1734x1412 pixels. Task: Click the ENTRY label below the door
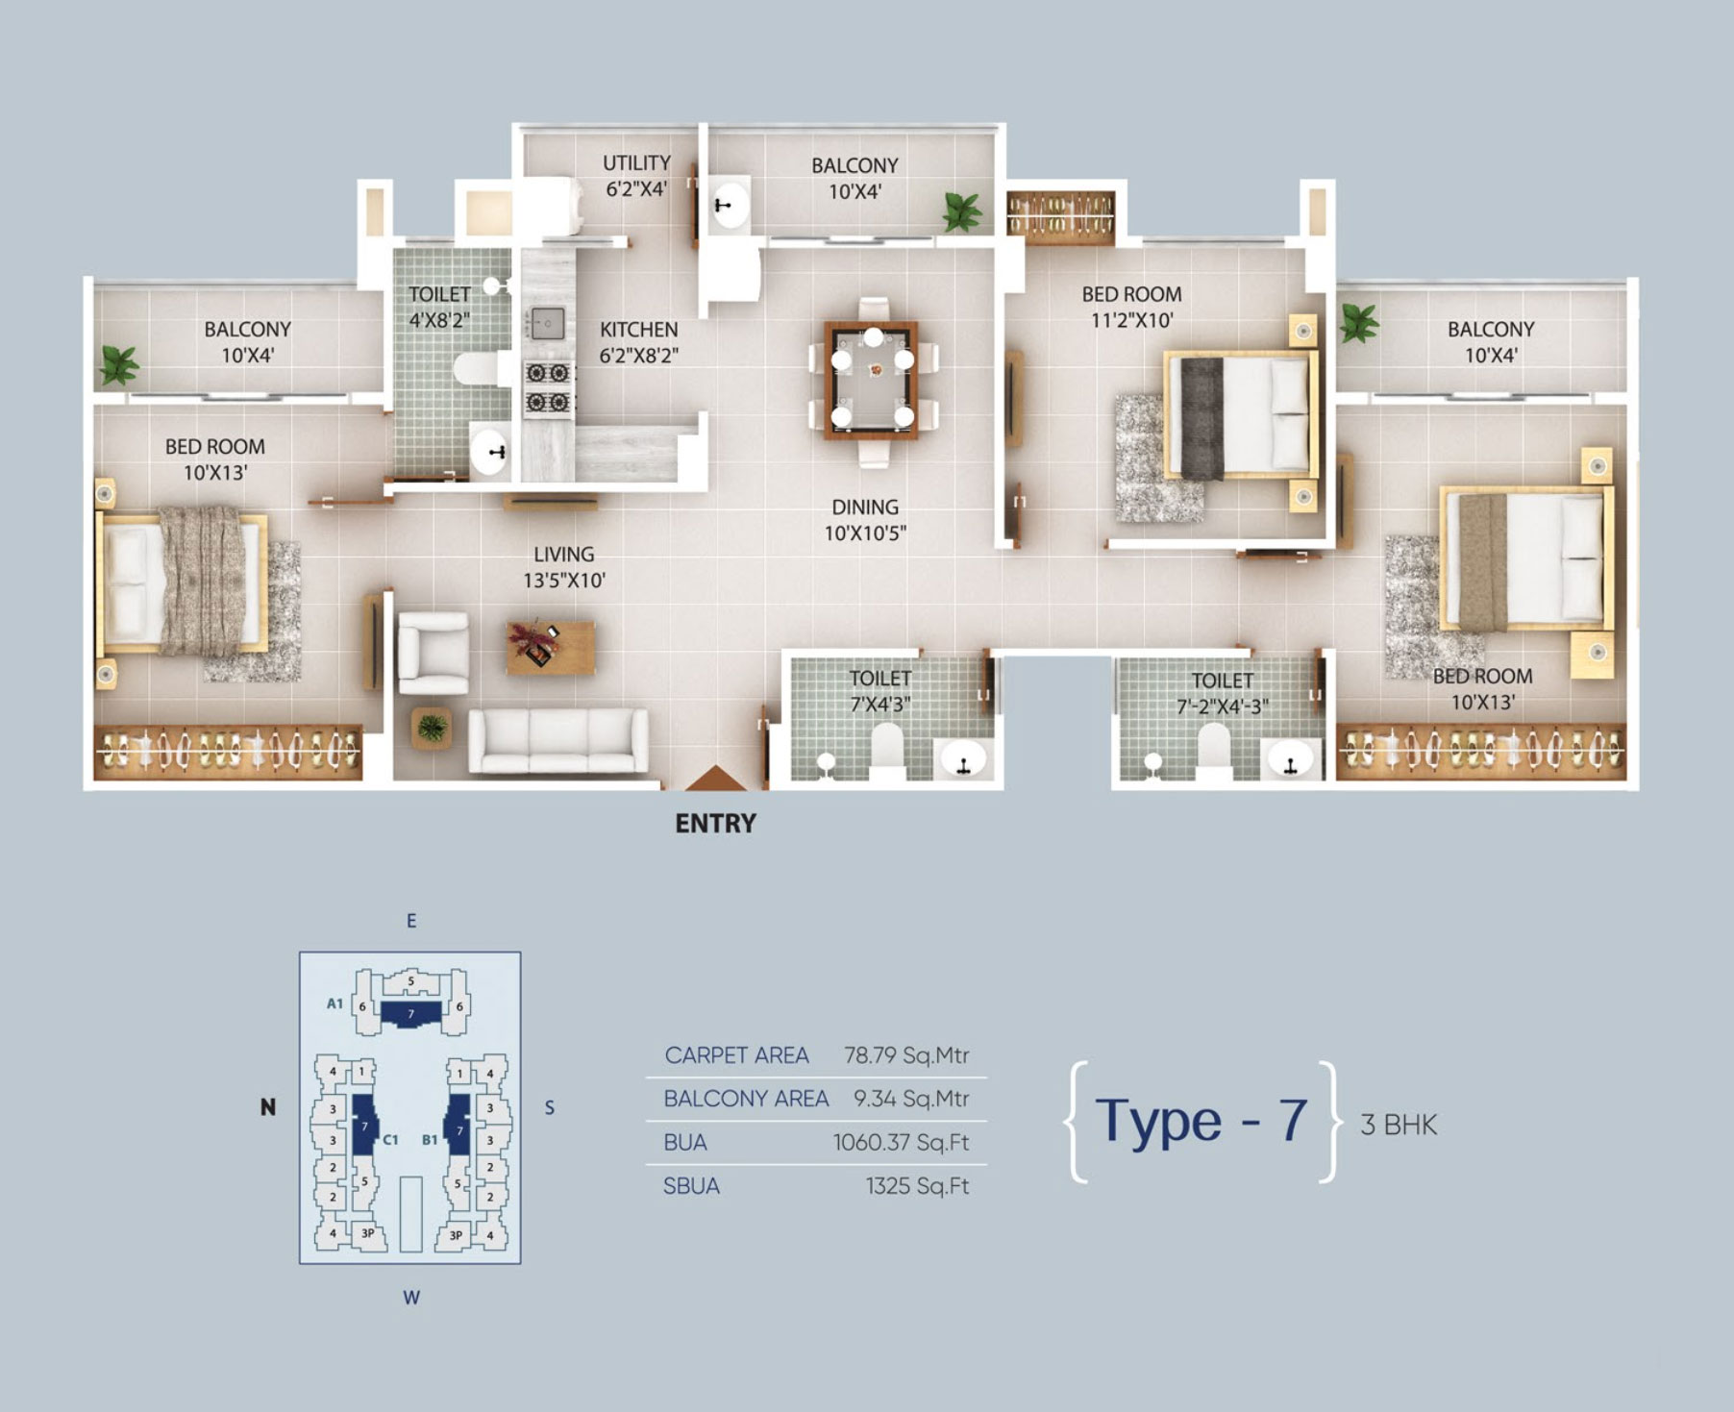click(715, 824)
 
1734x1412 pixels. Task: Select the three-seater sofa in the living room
click(558, 740)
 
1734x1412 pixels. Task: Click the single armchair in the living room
click(433, 653)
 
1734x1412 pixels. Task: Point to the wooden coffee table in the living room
click(551, 647)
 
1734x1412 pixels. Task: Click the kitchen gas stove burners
click(549, 387)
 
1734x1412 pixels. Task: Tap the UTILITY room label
click(636, 163)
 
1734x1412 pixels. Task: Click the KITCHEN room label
click(638, 330)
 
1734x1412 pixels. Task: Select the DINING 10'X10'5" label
click(865, 520)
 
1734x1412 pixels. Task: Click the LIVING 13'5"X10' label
click(564, 567)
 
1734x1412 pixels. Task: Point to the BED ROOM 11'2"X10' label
click(1131, 308)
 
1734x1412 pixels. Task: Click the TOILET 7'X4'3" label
click(880, 691)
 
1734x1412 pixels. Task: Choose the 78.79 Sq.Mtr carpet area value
click(906, 1055)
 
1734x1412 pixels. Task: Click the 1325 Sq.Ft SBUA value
click(917, 1186)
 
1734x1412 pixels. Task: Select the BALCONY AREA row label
click(746, 1099)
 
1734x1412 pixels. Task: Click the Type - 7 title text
click(1201, 1121)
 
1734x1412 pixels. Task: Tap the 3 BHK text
click(1399, 1125)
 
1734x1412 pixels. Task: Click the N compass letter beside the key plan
click(268, 1107)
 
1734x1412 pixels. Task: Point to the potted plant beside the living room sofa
click(432, 729)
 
